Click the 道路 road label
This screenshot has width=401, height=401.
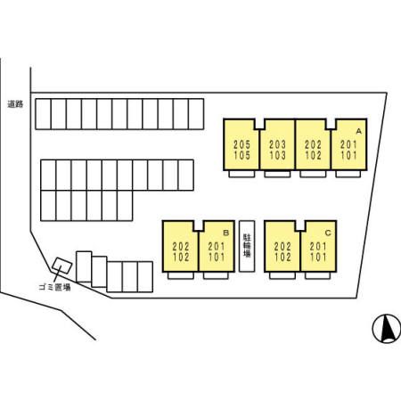(x=15, y=104)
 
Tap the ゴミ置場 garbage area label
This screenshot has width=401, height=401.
(x=54, y=287)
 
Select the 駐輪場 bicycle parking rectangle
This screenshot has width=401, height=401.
(x=247, y=246)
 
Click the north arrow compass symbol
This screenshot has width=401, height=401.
(x=387, y=329)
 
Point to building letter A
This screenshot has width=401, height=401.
(x=359, y=131)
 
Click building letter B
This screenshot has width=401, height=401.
(x=226, y=233)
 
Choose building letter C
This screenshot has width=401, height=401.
(x=328, y=233)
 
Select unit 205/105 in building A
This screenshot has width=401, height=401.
(x=241, y=144)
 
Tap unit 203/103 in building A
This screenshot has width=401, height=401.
(x=277, y=144)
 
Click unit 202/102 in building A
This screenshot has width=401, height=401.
(x=313, y=144)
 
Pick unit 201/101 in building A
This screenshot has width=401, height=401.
(x=348, y=144)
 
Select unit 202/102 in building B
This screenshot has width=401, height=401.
(x=181, y=246)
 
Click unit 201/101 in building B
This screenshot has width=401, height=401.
(x=217, y=246)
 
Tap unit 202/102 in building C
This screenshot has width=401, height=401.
(x=282, y=246)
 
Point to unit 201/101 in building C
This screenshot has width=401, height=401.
(x=318, y=246)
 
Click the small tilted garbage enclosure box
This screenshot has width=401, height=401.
(x=62, y=266)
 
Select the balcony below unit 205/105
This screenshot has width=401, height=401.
(x=241, y=174)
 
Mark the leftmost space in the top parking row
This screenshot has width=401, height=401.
(x=44, y=114)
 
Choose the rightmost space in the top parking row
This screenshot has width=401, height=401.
(x=196, y=114)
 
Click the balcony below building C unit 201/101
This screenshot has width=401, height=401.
(x=317, y=275)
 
